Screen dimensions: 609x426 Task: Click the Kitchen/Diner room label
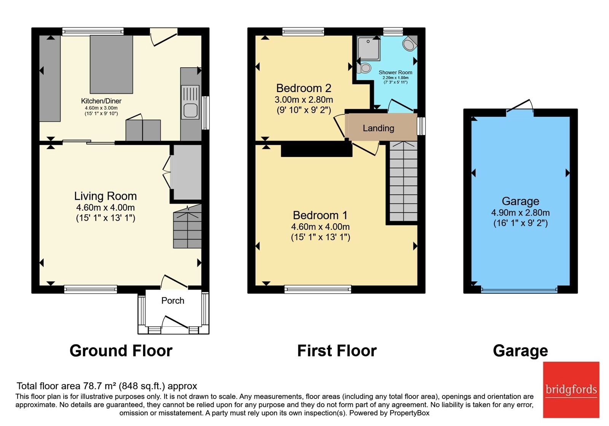point(101,101)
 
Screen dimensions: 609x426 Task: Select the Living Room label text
point(105,196)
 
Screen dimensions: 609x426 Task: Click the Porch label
point(173,300)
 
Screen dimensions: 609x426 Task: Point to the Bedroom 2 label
point(304,88)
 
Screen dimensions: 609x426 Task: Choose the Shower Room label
point(395,73)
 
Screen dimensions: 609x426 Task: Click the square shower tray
point(369,48)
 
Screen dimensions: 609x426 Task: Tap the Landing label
point(378,128)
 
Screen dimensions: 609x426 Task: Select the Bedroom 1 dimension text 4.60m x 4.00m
point(320,227)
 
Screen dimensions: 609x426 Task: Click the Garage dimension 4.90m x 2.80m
point(520,213)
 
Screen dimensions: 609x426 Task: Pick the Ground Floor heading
point(121,350)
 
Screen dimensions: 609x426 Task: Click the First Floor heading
point(337,350)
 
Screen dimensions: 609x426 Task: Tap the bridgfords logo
point(571,389)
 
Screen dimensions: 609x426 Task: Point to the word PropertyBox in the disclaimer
point(410,413)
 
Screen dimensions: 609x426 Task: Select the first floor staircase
point(403,181)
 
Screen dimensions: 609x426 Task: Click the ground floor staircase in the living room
point(187,226)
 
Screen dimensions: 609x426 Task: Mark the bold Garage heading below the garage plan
point(520,351)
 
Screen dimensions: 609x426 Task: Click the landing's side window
point(421,126)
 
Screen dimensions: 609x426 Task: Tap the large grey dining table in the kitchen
point(112,64)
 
